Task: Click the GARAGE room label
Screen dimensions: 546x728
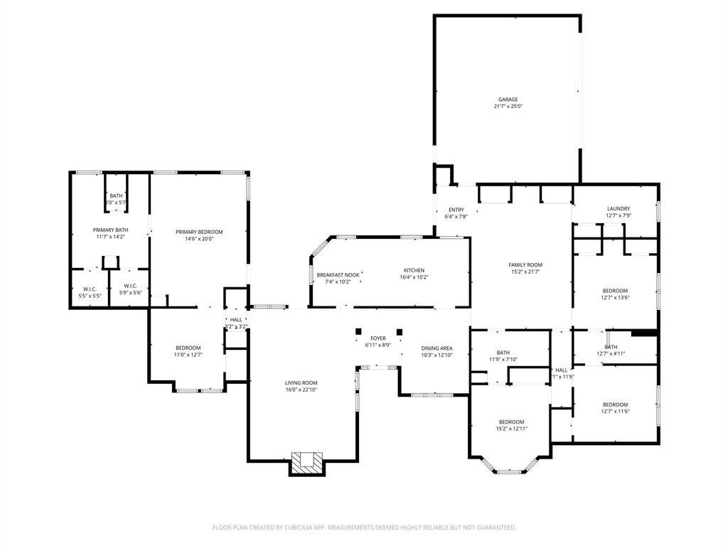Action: (508, 100)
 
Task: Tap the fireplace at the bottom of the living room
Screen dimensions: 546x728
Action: (307, 461)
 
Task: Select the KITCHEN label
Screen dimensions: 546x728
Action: (414, 270)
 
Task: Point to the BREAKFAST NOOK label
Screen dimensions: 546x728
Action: (338, 274)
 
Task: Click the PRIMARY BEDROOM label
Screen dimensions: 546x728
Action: (199, 232)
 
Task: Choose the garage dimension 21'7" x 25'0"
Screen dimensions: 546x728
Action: (508, 107)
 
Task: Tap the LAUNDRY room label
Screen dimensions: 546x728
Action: (618, 208)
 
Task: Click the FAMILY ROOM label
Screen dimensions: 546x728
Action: (525, 264)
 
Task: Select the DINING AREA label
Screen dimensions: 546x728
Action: (437, 348)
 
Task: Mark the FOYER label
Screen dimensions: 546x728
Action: (378, 338)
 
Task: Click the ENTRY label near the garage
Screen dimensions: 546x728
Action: (456, 210)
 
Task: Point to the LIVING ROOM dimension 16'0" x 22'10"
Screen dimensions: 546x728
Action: (301, 390)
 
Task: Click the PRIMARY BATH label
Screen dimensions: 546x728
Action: (110, 230)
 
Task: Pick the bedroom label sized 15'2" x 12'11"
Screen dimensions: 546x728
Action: (511, 422)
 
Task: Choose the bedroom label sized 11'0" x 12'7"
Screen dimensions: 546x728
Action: (188, 348)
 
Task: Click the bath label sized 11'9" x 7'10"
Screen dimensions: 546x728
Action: (503, 353)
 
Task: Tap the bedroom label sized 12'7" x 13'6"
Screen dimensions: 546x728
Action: (615, 290)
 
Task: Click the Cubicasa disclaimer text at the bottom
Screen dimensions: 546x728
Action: (364, 528)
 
